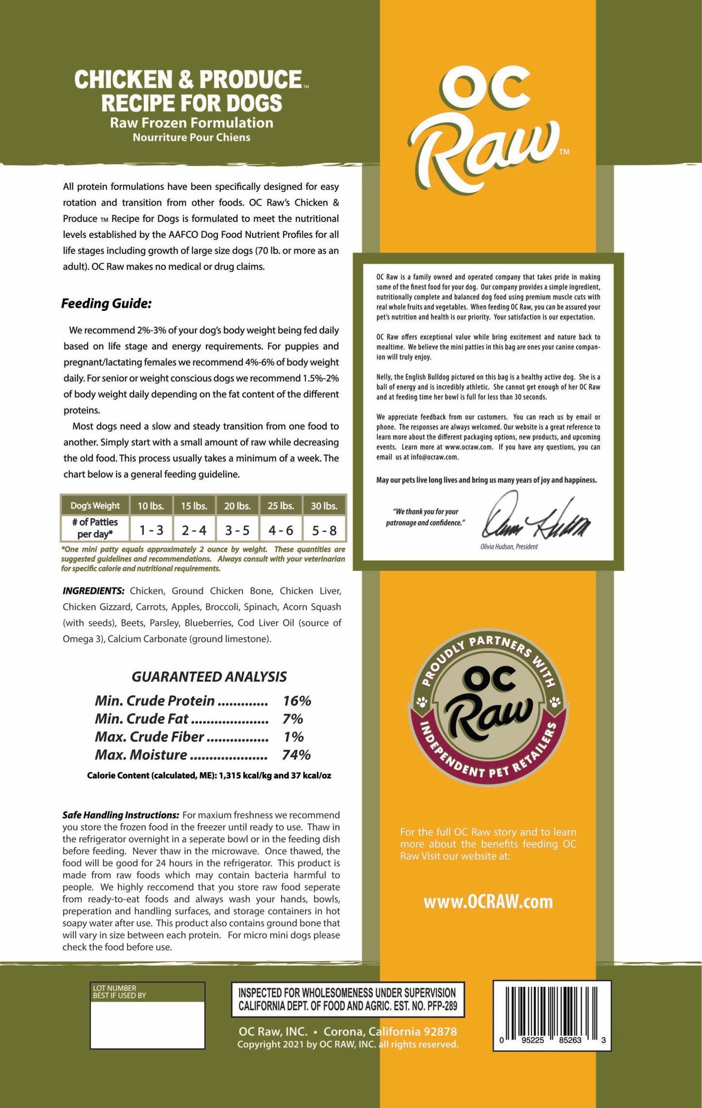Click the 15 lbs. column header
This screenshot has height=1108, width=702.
(194, 506)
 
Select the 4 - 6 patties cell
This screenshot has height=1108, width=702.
(281, 530)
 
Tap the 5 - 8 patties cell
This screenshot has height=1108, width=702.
(324, 530)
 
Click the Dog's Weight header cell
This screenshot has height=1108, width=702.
(95, 506)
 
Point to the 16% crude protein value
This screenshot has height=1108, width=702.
(297, 700)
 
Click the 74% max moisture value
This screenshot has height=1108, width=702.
(296, 754)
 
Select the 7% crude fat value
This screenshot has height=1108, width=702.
(292, 718)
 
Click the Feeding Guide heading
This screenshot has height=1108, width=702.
(106, 304)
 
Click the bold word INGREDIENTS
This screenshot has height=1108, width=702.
(93, 591)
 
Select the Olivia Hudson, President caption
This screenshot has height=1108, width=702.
(509, 546)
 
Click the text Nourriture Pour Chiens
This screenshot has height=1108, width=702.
(191, 137)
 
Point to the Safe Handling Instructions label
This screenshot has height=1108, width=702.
(120, 815)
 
